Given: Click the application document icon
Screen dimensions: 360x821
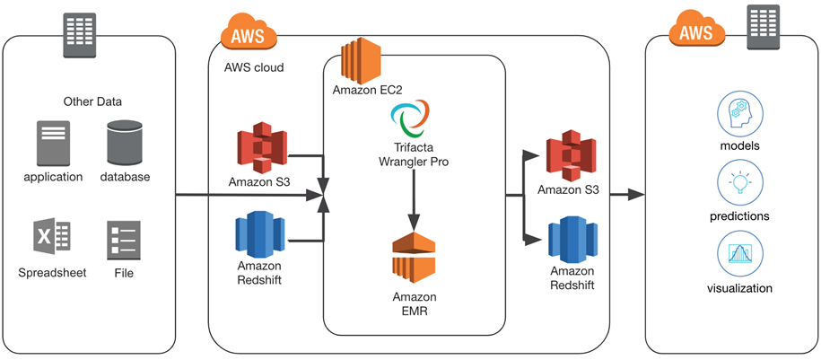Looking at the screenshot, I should [54, 143].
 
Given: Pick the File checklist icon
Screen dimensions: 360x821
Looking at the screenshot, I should [123, 238].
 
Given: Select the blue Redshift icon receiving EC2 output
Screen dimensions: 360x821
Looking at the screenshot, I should [572, 240].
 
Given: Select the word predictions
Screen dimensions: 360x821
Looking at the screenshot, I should [740, 216].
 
